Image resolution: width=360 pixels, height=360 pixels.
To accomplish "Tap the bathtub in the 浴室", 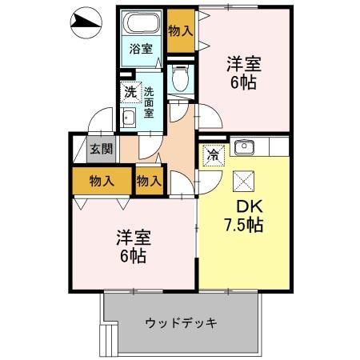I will click(142, 24).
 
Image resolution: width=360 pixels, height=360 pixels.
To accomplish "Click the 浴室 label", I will click(142, 49).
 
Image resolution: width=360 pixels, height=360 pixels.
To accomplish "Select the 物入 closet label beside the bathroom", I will click(181, 30).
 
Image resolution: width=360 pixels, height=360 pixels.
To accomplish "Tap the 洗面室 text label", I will click(149, 101).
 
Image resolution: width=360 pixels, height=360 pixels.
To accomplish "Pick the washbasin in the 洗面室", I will click(128, 120).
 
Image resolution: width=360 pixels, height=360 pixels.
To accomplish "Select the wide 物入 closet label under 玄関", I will click(102, 181).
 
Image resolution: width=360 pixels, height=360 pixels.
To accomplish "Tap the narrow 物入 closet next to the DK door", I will click(149, 181).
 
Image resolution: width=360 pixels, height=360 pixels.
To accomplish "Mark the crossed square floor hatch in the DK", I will click(243, 181).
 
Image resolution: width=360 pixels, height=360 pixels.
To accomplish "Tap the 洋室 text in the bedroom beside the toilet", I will click(244, 63).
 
